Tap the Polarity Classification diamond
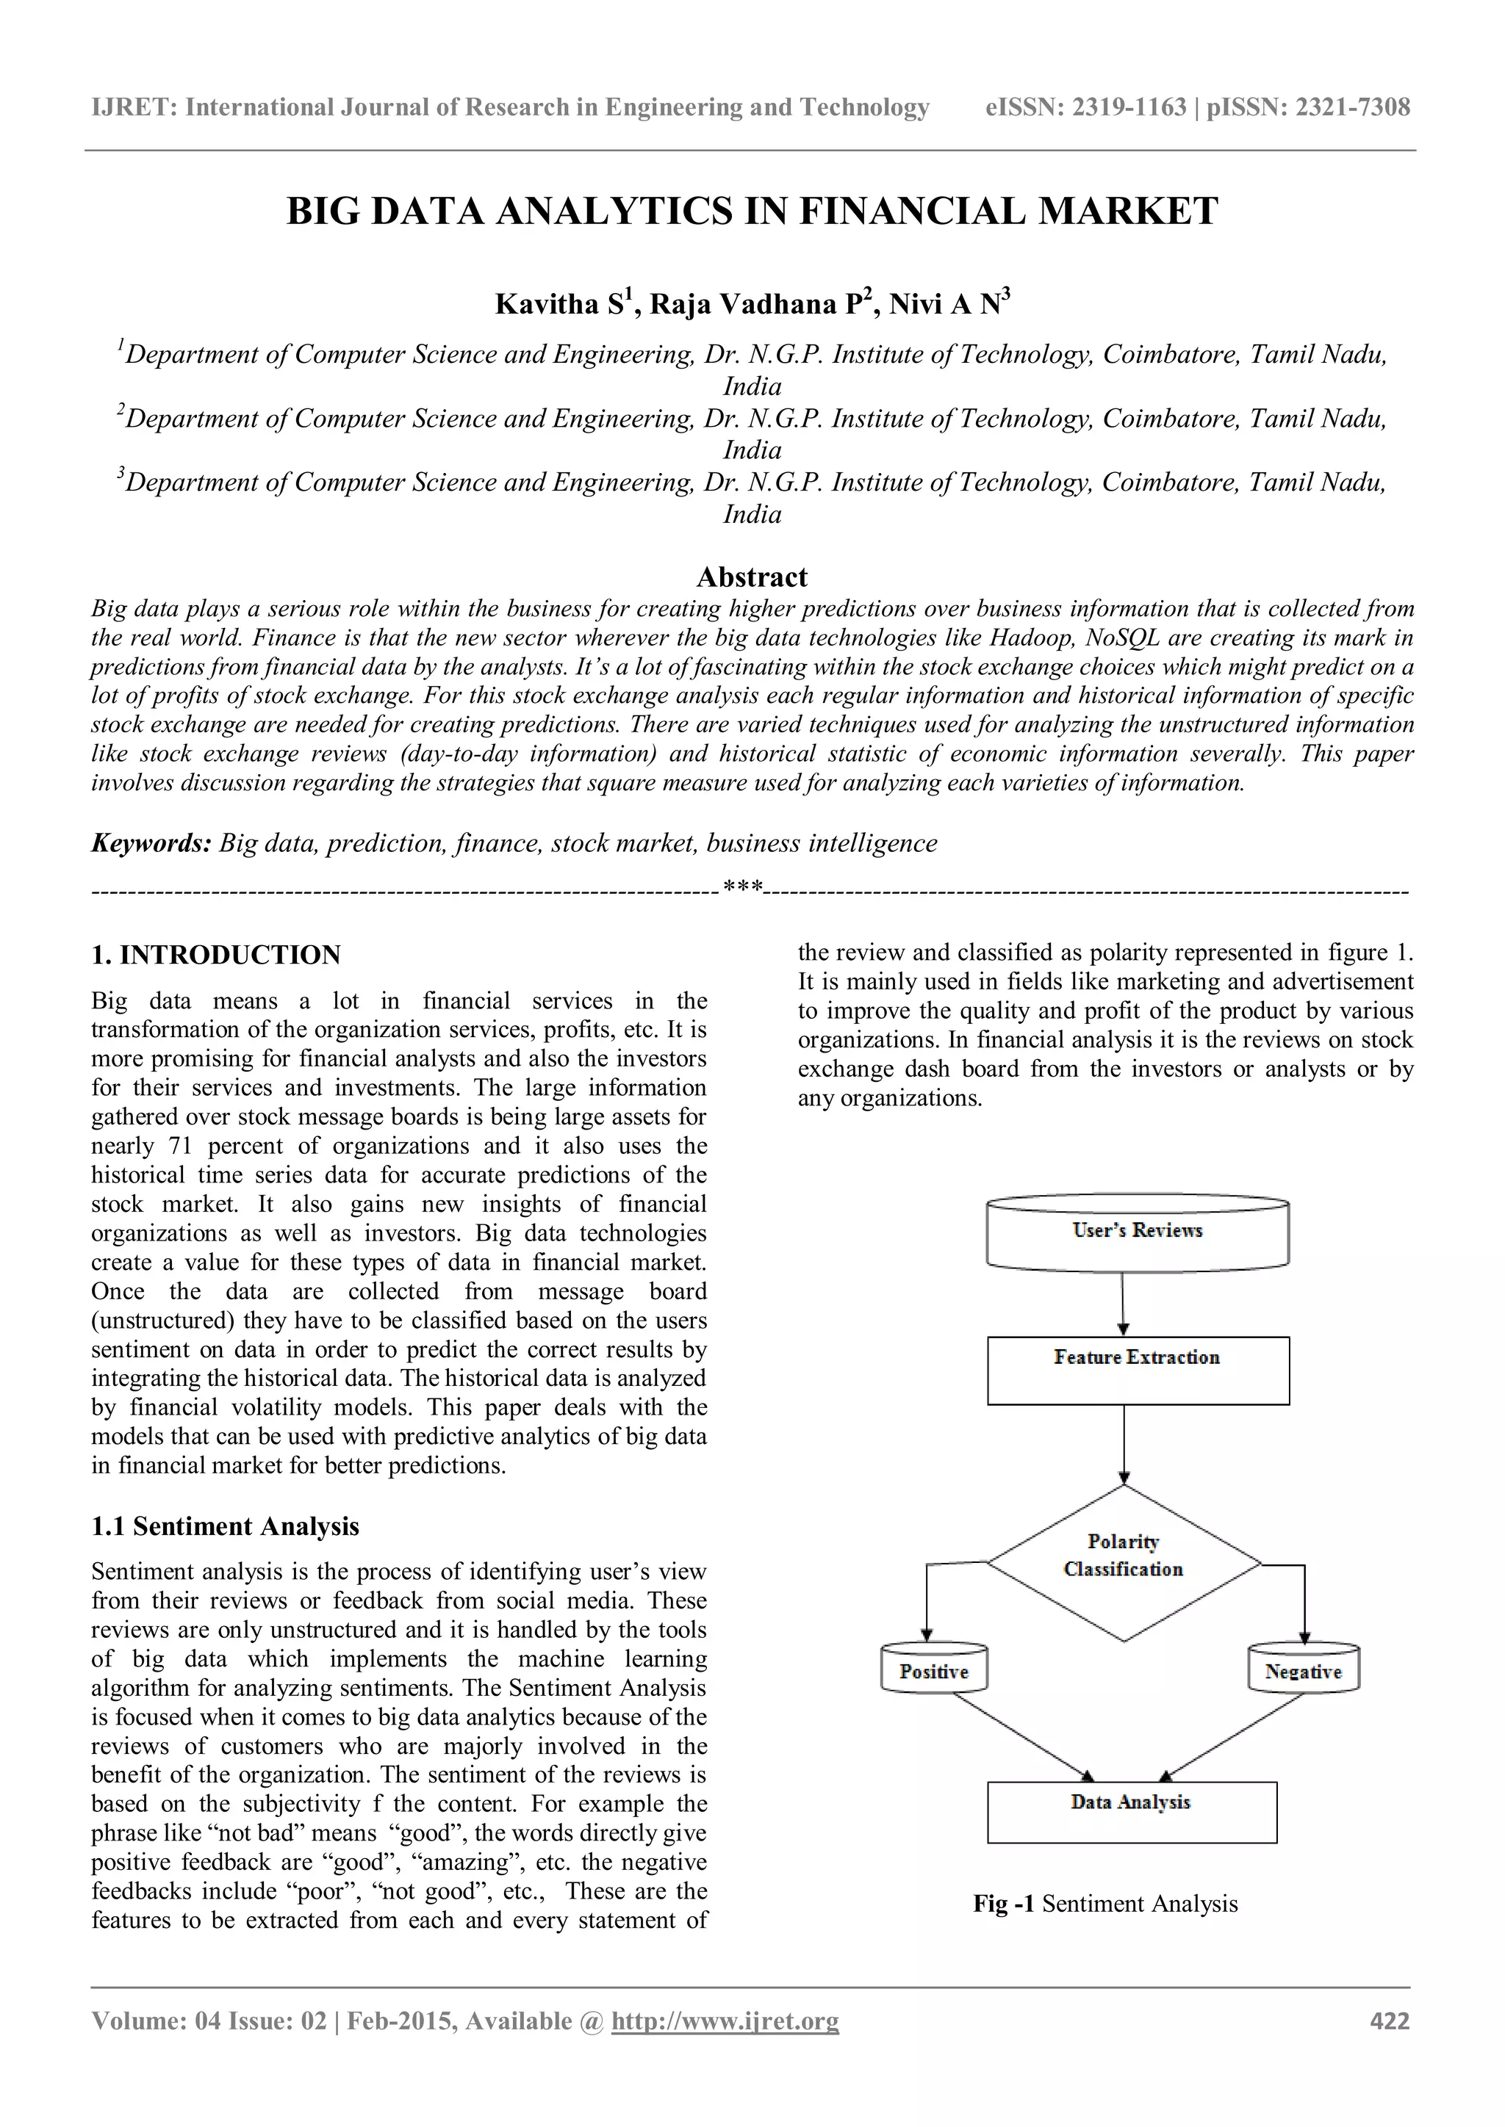click(x=1123, y=1563)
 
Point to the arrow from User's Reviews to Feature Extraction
click(x=1123, y=1301)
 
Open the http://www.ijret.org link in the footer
click(x=725, y=2021)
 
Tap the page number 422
click(x=1389, y=2021)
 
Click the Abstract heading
click(x=752, y=577)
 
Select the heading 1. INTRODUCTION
click(x=216, y=955)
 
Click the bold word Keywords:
click(x=152, y=843)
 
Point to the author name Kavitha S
click(x=561, y=304)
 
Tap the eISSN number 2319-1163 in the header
click(x=1129, y=107)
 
